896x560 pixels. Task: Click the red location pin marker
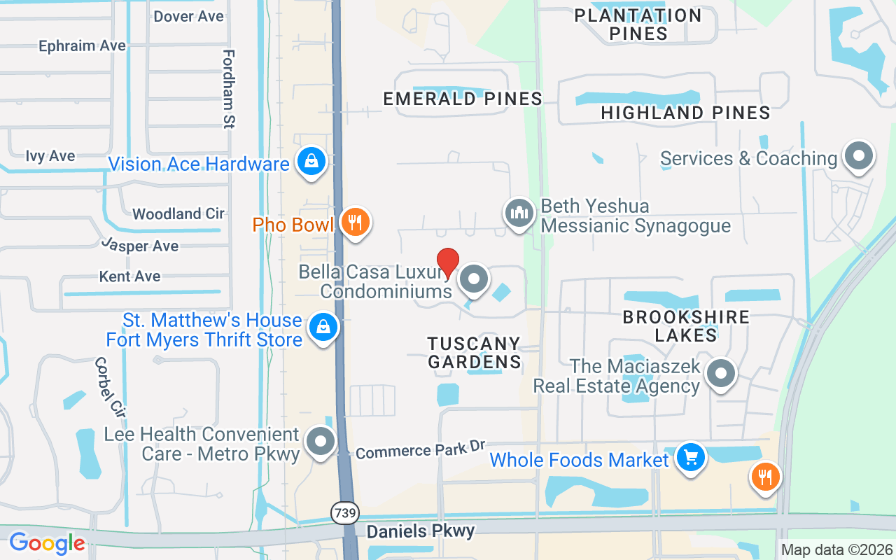click(448, 262)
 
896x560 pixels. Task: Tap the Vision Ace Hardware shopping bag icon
click(309, 162)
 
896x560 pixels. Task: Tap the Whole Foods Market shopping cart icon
click(691, 458)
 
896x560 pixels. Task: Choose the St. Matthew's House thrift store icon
click(323, 327)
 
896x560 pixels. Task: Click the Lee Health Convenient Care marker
click(321, 442)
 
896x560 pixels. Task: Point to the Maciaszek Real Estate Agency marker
click(720, 374)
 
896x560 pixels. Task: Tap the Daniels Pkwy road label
click(421, 531)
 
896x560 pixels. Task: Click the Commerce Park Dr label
click(420, 450)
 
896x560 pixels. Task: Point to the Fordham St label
click(228, 89)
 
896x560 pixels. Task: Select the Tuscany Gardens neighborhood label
click(475, 352)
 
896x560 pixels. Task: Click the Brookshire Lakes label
click(686, 325)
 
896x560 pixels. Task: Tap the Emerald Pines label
click(463, 99)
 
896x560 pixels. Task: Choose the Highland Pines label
click(685, 112)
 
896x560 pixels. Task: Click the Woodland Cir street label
click(178, 213)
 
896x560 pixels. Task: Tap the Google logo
click(47, 543)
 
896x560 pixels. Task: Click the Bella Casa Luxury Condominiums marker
click(474, 279)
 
